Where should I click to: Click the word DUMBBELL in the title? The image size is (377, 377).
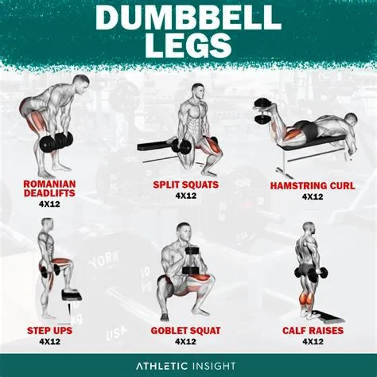pos(188,17)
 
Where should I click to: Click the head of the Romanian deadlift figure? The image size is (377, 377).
pos(80,84)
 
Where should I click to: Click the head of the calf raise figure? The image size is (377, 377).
pos(308,229)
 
